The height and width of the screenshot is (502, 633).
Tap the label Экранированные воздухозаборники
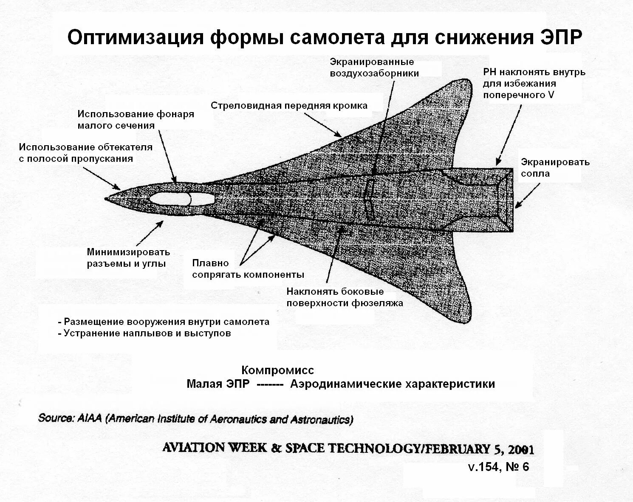pos(374,68)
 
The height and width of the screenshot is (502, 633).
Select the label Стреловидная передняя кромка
pos(289,106)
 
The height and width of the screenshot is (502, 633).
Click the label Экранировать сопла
pos(555,168)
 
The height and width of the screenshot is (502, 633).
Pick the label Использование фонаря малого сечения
pos(136,120)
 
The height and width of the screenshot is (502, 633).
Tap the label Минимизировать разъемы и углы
pos(128,258)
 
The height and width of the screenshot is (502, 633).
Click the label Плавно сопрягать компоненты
pos(248,269)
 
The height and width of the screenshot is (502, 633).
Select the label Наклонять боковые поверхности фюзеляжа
pos(345,297)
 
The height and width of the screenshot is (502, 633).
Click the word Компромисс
pos(277,370)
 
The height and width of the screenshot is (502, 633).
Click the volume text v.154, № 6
pos(498,467)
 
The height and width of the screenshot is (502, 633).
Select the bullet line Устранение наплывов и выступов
pos(145,333)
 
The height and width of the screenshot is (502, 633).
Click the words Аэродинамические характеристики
pos(393,384)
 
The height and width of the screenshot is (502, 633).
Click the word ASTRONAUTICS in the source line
pos(321,420)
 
